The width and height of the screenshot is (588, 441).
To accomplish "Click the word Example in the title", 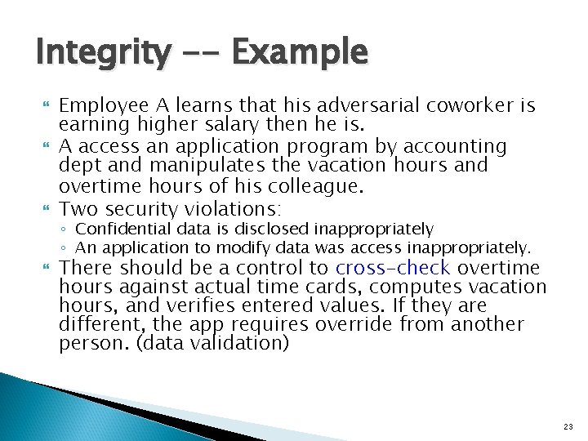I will [x=300, y=54].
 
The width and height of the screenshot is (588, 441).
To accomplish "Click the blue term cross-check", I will [x=392, y=269].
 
